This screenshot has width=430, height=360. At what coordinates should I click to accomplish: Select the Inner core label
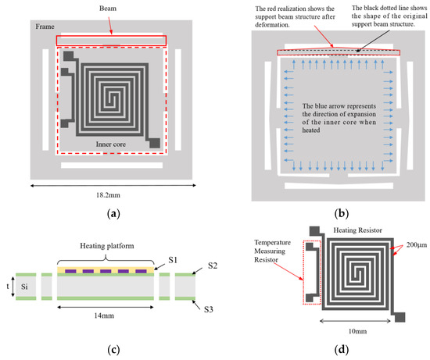tap(111, 145)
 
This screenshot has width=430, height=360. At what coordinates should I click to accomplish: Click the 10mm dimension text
tap(356, 331)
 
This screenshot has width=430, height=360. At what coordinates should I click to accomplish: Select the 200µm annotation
tap(410, 244)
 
